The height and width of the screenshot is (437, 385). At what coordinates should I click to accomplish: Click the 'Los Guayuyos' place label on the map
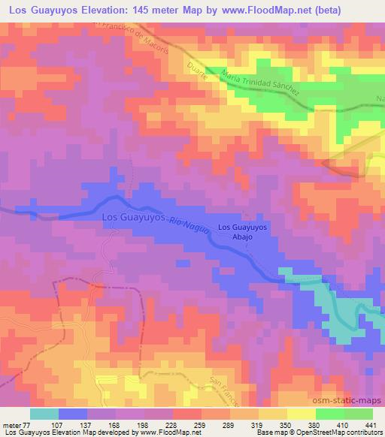(132, 217)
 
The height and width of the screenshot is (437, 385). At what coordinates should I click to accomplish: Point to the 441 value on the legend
(371, 425)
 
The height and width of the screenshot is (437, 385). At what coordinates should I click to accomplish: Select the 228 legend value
(172, 425)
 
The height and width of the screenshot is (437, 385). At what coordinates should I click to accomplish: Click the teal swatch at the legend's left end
(44, 414)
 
